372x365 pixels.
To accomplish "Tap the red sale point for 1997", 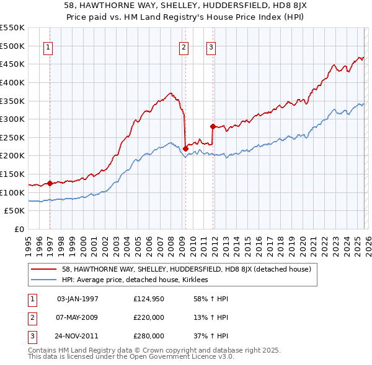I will tap(50, 183).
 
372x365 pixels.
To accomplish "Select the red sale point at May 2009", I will tap(185, 148).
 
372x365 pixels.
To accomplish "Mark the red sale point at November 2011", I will tap(213, 126).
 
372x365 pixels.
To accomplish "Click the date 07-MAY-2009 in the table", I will tap(77, 317).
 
